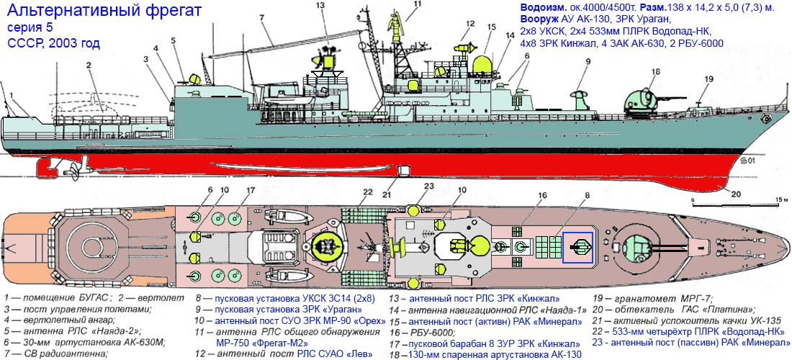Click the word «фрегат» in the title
coord(162,9)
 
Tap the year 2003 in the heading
coord(66,43)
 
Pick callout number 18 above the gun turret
coord(655,71)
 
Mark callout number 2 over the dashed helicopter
coord(89,64)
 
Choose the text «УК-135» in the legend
coord(765,320)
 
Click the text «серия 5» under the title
coord(30,27)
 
